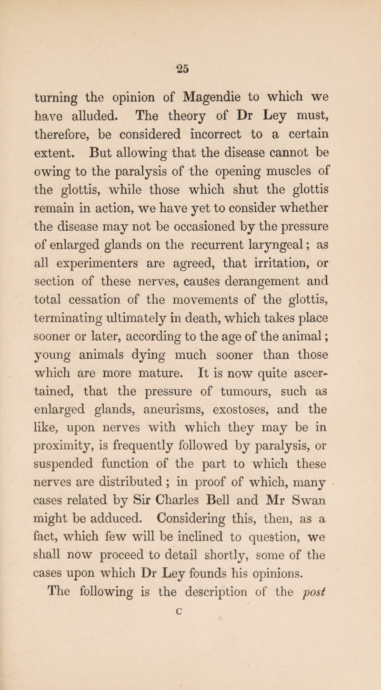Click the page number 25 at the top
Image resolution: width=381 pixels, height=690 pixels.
pos(190,50)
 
